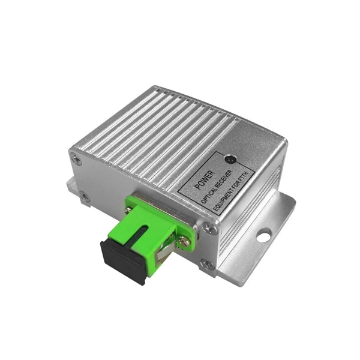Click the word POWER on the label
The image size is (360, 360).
[x=200, y=176]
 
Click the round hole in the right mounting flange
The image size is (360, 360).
[x=263, y=236]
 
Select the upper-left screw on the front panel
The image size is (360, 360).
[x=75, y=158]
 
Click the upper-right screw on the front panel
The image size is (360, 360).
[x=207, y=228]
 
